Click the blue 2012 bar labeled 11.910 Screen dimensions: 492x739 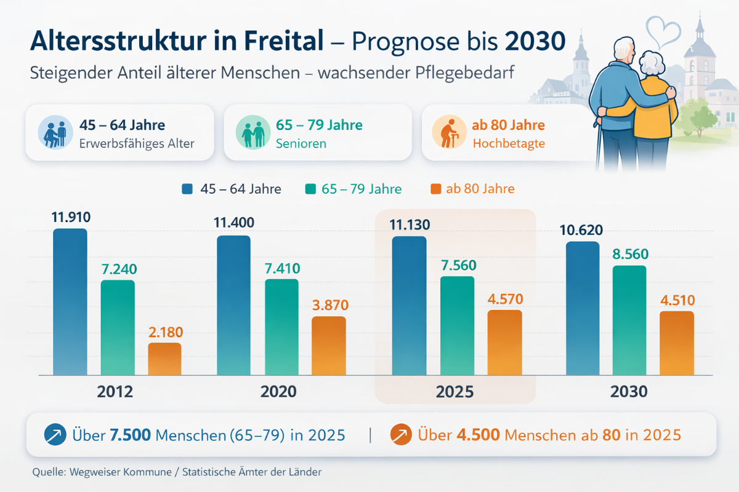pos(70,301)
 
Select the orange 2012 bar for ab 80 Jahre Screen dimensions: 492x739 pos(164,359)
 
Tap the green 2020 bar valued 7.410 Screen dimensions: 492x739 pos(281,327)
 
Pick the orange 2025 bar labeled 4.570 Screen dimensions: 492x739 pos(504,343)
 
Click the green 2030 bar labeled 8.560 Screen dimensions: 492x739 pos(629,320)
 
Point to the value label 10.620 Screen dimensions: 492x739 pos(581,230)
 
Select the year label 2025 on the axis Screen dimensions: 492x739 pos(455,392)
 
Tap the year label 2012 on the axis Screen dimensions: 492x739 pos(115,392)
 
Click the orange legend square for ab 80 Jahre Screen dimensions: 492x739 pos(436,189)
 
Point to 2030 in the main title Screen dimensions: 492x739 pos(535,41)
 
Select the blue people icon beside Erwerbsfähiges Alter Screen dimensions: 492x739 pos(56,133)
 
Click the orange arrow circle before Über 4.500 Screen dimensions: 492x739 pos(402,435)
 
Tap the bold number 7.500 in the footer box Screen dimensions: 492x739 pos(130,435)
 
